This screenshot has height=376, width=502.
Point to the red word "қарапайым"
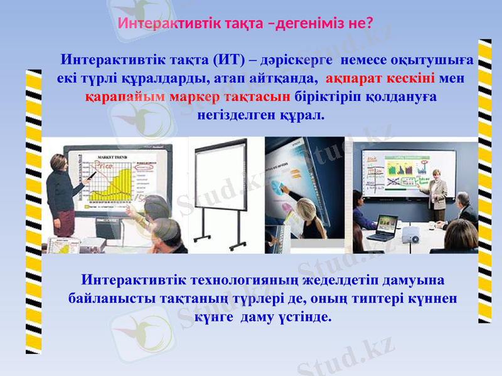pos(125,98)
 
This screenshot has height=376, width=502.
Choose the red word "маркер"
pos(195,98)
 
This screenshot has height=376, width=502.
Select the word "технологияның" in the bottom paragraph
pos(246,279)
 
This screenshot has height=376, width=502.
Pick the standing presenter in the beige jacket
pos(437,194)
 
